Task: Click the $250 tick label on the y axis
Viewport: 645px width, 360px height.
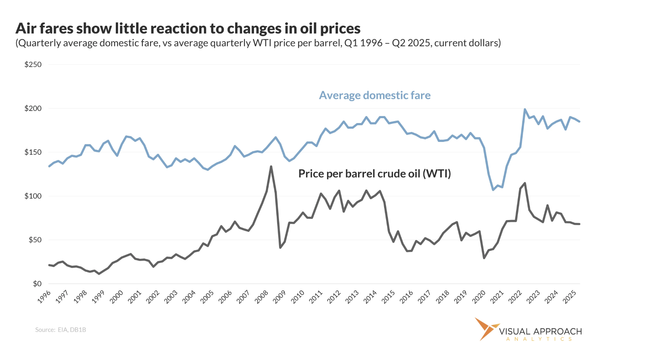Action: coord(33,65)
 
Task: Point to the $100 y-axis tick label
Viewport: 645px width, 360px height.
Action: coord(33,196)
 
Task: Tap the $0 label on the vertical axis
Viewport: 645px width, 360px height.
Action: coord(37,284)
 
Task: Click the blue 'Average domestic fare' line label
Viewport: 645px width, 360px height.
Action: coord(374,95)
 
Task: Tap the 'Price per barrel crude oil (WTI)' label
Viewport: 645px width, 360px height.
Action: coord(374,173)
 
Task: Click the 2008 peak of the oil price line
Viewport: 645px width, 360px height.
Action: coord(271,166)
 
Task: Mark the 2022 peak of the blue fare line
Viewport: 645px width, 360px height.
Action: coord(525,109)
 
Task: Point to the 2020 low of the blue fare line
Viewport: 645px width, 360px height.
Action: coord(493,190)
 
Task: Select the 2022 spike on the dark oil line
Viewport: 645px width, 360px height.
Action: coord(525,183)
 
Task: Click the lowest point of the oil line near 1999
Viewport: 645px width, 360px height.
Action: coord(99,273)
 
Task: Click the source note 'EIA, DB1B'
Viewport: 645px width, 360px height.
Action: coord(72,330)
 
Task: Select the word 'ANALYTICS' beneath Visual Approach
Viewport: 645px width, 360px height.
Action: coord(539,339)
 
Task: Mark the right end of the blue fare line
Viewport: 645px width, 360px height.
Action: coord(579,122)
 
